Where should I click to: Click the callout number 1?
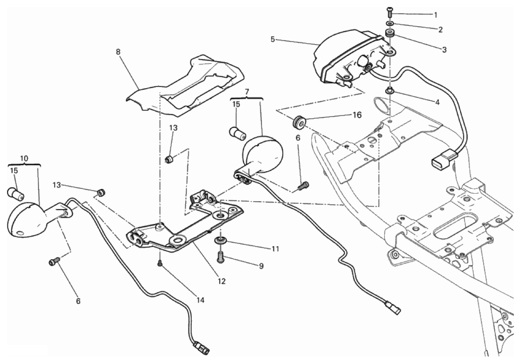coord(435,15)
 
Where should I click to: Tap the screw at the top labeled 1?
coord(390,13)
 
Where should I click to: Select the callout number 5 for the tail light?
coord(273,40)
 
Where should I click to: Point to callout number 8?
coord(118,52)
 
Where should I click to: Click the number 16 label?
coord(357,115)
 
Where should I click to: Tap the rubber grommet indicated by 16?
coord(299,122)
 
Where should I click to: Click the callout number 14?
coord(200,300)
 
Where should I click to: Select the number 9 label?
coord(261,266)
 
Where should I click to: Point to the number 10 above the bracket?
coord(24,158)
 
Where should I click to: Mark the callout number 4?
coord(437,102)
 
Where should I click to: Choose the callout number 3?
coord(444,50)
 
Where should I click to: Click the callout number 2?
coord(440,30)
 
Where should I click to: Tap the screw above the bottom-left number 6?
coord(54,262)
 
